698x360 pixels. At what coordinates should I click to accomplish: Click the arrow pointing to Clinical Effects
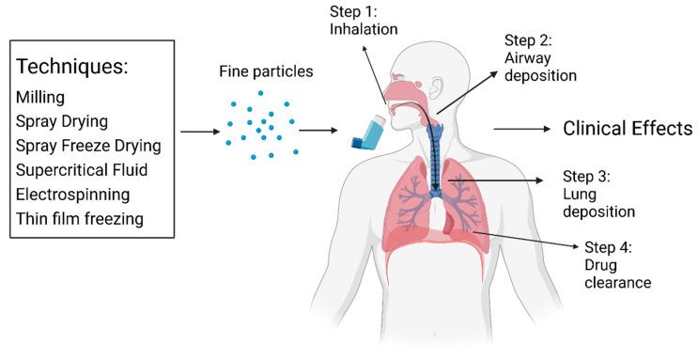pyautogui.click(x=521, y=129)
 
